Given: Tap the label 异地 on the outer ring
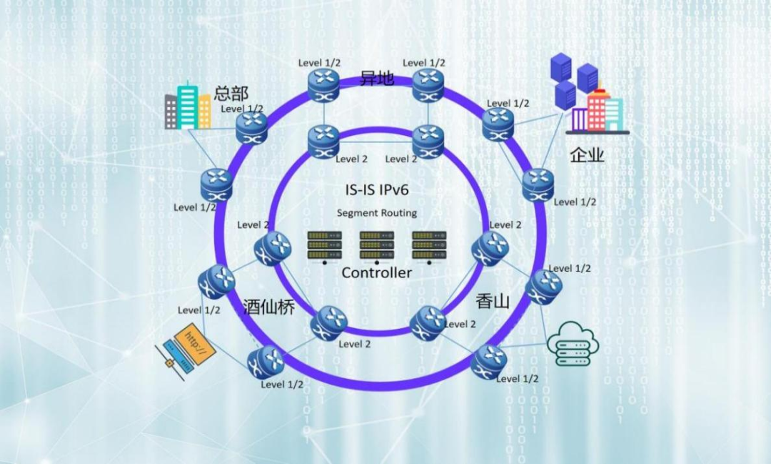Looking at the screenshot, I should coord(376,77).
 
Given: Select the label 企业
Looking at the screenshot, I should coord(587,154).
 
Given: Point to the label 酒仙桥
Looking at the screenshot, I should coord(268,305).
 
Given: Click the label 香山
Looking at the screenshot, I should coord(493,301).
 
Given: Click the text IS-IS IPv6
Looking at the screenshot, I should coord(376,190).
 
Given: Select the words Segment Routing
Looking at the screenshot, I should coord(376,212).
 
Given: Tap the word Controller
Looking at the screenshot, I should coord(376,272).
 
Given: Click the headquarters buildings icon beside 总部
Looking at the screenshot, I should coord(188,107).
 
